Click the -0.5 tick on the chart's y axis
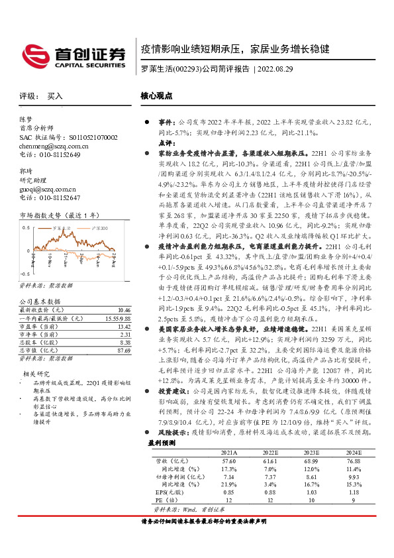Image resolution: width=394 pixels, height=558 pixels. pyautogui.click(x=25, y=274)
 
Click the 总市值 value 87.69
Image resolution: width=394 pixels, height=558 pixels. pyautogui.click(x=123, y=351)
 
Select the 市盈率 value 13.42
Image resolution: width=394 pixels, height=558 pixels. pyautogui.click(x=123, y=327)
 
